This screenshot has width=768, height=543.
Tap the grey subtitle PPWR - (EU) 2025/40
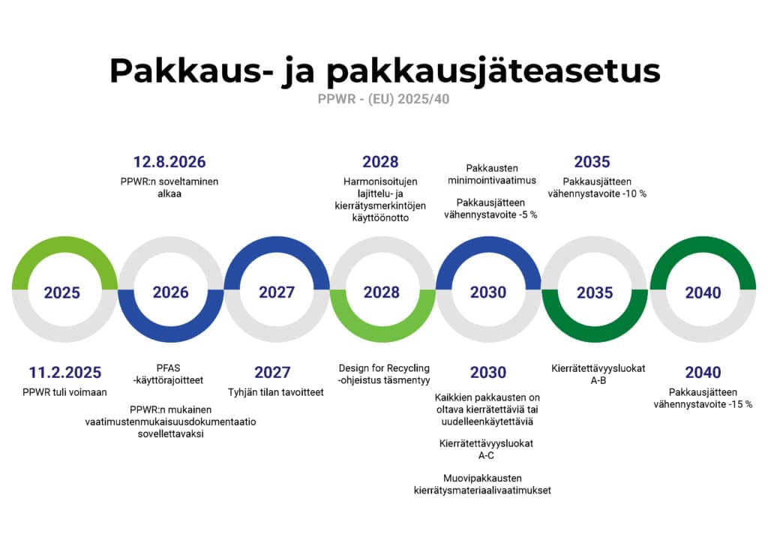(x=384, y=99)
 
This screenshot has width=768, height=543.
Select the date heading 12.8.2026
(x=169, y=162)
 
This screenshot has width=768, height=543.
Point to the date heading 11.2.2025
(x=64, y=373)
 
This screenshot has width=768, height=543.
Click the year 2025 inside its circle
(x=62, y=292)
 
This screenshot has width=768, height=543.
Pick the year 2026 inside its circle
(x=170, y=292)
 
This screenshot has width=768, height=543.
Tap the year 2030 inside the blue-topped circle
(x=488, y=292)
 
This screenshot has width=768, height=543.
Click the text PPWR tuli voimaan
(x=64, y=392)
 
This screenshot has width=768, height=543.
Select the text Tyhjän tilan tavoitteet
(x=276, y=392)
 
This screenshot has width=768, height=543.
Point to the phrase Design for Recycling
(x=384, y=368)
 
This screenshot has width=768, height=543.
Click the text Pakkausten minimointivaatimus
(x=491, y=174)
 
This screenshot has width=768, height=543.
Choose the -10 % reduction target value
(x=633, y=193)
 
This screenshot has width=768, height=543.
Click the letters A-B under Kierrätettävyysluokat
(x=598, y=380)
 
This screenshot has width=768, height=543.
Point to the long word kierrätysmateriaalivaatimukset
(x=482, y=490)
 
